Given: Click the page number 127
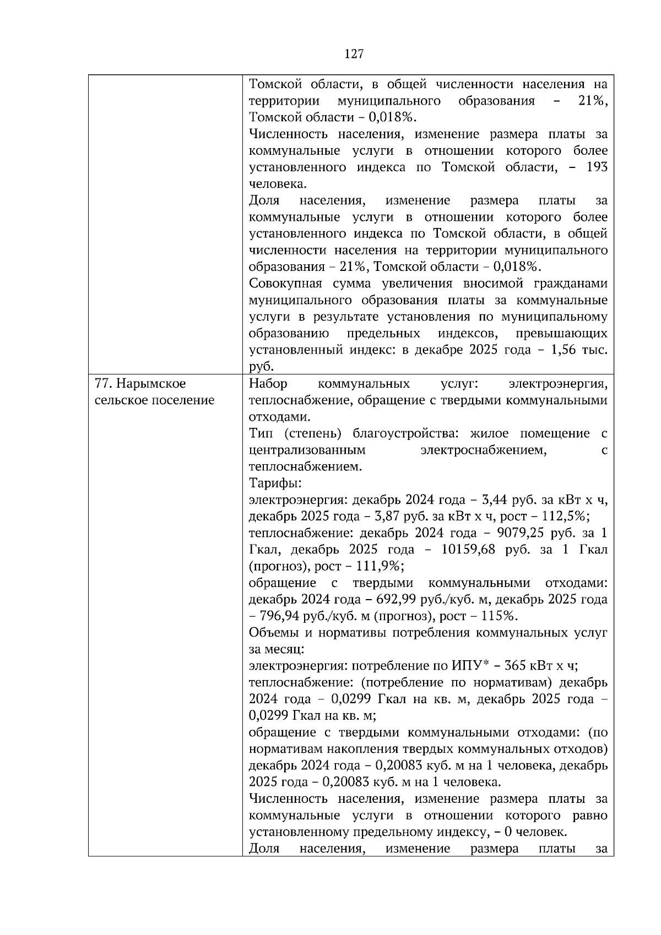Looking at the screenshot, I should [x=354, y=54].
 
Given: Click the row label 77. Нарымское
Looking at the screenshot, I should [x=140, y=383].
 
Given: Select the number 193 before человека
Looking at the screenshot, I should [x=597, y=167].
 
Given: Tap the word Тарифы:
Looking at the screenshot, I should [x=275, y=483].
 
